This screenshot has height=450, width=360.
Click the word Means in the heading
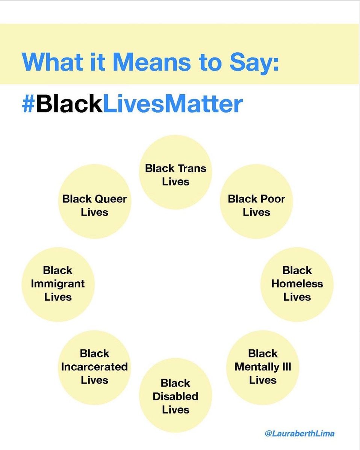(151, 62)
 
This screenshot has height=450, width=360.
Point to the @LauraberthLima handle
(299, 433)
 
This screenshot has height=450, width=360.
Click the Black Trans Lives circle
(175, 172)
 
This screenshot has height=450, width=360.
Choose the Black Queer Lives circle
(94, 201)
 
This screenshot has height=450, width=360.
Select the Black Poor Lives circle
(256, 201)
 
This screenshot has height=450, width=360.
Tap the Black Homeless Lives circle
(297, 284)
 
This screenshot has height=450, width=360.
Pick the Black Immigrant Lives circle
(58, 284)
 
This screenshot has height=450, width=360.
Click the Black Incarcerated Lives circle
(94, 367)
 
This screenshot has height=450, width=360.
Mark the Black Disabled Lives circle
(175, 395)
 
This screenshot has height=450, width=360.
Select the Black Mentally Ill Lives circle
(263, 367)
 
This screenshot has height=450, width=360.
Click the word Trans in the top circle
(192, 168)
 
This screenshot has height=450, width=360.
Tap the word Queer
(110, 199)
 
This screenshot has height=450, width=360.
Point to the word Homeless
(297, 284)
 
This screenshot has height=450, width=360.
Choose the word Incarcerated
(94, 367)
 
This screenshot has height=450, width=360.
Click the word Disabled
(175, 396)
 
